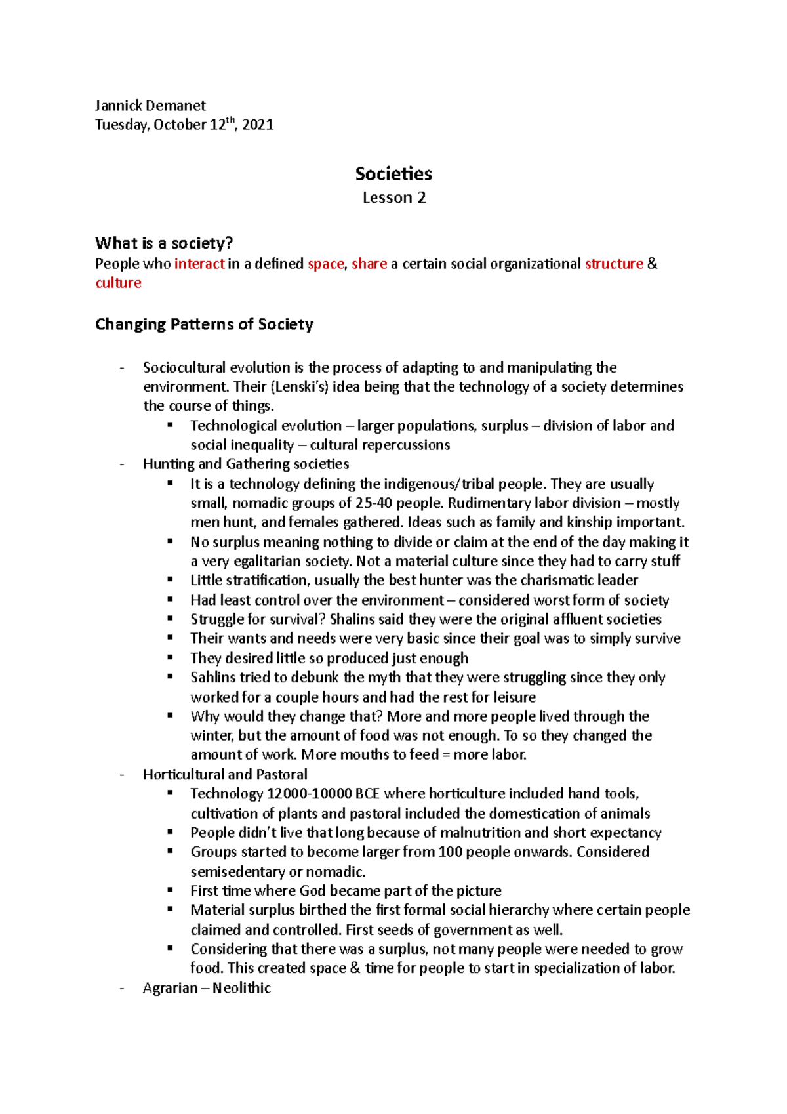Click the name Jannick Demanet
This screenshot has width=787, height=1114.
point(150,106)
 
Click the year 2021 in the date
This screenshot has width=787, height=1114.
point(258,125)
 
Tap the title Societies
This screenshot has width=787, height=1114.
point(393,174)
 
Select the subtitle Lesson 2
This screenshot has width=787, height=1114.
point(394,197)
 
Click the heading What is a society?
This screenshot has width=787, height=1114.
point(164,243)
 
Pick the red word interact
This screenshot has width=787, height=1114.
point(199,264)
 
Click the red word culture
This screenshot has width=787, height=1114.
point(118,283)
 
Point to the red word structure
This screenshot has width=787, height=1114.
point(614,264)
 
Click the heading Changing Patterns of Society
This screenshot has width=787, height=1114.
point(204,324)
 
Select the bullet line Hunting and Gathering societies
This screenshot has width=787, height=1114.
point(246,464)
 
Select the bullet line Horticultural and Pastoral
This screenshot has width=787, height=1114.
point(225,774)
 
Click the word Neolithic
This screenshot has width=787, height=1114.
point(241,988)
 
